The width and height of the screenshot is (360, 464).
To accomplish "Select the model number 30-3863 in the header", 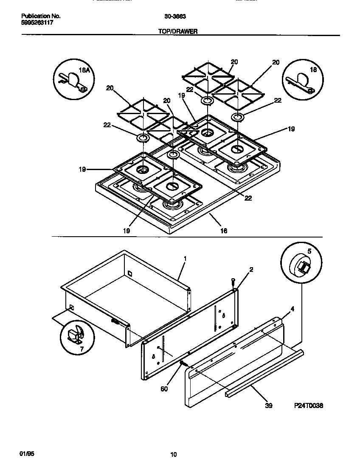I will (x=173, y=17).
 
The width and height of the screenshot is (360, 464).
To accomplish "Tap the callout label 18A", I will (x=85, y=70).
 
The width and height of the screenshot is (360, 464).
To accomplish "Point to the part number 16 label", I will (x=224, y=231).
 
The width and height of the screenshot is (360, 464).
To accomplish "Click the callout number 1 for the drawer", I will (x=185, y=258).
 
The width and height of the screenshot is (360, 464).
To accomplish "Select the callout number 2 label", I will (x=251, y=269).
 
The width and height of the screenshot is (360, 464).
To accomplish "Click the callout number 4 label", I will (x=292, y=310).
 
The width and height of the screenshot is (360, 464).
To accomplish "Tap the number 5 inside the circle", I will (x=309, y=251).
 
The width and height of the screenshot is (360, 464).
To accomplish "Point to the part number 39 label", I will (x=268, y=405).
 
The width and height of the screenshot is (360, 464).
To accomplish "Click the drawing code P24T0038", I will (x=309, y=405).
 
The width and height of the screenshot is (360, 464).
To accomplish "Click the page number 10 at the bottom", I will (x=173, y=455).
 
